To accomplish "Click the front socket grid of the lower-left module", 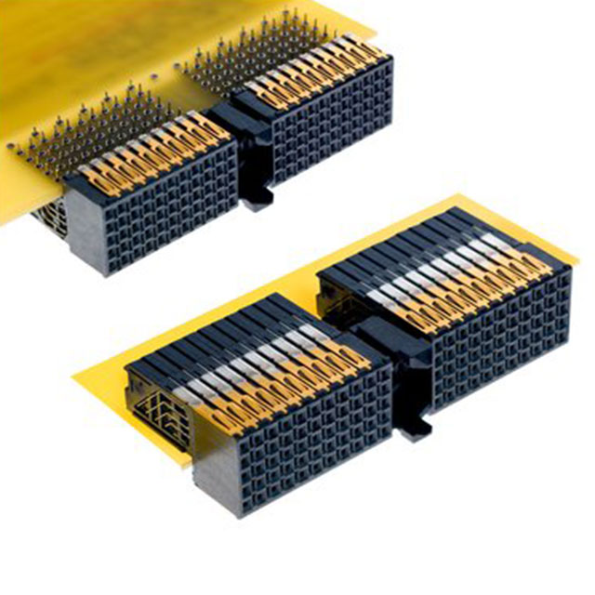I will click(x=288, y=437).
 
